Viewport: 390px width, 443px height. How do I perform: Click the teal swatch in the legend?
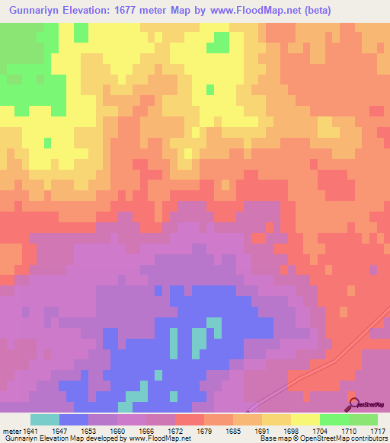click(44, 420)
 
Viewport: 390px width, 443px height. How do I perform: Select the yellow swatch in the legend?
click(305, 420)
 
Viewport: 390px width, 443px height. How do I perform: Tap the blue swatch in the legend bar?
click(73, 420)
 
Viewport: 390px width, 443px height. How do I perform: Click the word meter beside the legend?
click(10, 432)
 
